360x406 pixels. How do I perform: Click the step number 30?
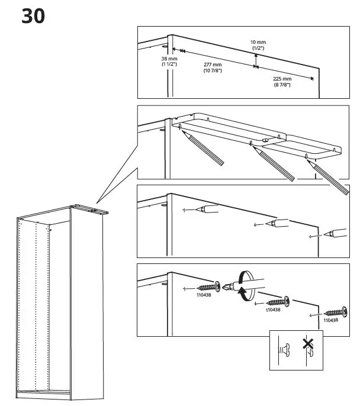tap(33, 16)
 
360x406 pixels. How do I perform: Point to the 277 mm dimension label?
tap(212, 67)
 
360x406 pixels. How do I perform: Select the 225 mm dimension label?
tap(282, 82)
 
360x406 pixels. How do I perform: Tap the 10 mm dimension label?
tap(258, 45)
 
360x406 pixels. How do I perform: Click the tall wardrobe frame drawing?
tap(59, 302)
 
